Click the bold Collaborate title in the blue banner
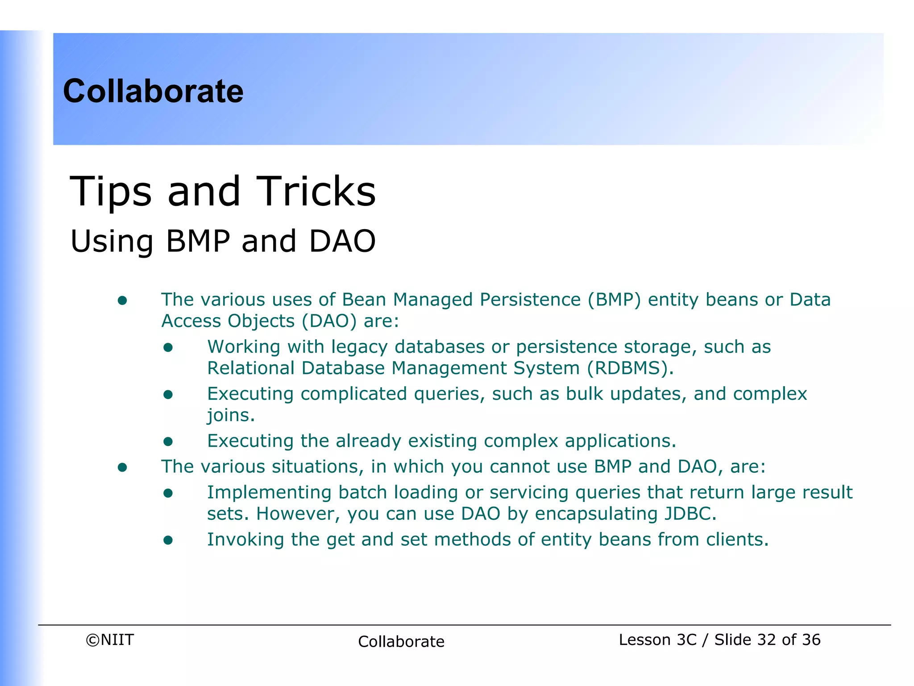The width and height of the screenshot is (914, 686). click(x=153, y=91)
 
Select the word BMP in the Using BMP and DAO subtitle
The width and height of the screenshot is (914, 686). click(x=198, y=241)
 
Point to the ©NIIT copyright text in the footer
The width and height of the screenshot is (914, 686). click(x=110, y=640)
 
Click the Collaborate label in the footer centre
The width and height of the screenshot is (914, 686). click(x=401, y=642)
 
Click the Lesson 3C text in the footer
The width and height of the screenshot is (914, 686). click(x=657, y=640)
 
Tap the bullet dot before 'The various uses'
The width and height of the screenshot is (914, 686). click(x=122, y=301)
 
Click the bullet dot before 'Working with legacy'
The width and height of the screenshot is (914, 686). click(x=168, y=347)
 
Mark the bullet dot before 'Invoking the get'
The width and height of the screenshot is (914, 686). click(x=168, y=540)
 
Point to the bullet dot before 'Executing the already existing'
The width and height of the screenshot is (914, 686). click(x=168, y=442)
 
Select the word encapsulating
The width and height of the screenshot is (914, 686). click(x=596, y=514)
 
